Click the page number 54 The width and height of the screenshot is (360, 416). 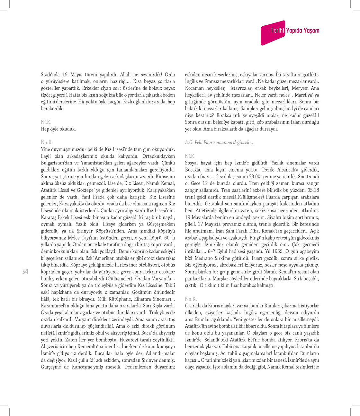point(25,272)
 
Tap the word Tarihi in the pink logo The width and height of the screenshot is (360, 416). point(277,31)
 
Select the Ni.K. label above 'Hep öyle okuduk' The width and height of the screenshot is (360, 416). point(46,122)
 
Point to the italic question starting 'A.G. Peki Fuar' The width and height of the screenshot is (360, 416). point(219,142)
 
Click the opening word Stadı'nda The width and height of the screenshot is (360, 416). point(50,75)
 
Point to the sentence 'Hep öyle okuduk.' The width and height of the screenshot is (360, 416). point(58,129)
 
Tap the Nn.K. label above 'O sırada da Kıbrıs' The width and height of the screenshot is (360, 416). point(191,299)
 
